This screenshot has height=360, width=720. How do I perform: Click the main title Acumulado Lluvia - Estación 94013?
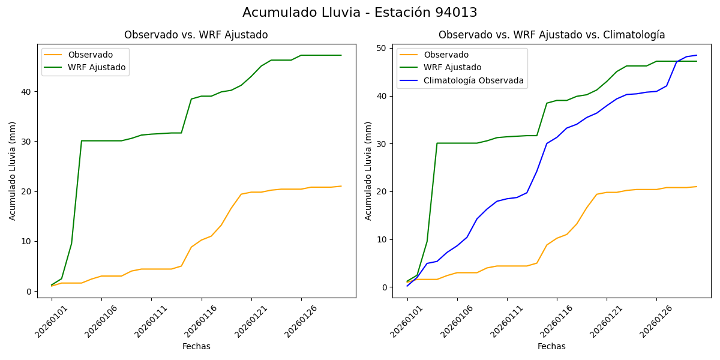click(x=360, y=13)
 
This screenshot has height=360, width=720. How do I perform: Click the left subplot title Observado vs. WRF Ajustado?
click(x=196, y=35)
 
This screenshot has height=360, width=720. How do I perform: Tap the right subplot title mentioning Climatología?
click(x=551, y=35)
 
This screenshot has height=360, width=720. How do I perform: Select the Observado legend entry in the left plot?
click(x=90, y=55)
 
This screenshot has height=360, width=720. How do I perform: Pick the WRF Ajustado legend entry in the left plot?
click(x=97, y=68)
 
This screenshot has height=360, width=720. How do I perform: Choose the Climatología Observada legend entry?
click(x=473, y=80)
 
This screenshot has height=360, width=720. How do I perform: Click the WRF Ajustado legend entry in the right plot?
click(x=452, y=68)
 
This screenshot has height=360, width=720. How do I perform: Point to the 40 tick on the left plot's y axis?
click(x=28, y=92)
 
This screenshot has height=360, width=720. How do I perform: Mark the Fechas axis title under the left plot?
click(x=196, y=347)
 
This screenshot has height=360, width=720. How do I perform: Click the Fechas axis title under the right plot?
click(x=551, y=347)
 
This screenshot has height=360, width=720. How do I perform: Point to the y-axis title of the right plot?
click(x=368, y=171)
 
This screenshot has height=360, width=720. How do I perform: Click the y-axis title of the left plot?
click(x=13, y=171)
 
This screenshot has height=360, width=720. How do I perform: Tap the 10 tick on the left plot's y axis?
click(x=28, y=242)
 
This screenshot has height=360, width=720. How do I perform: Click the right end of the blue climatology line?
click(x=696, y=55)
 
